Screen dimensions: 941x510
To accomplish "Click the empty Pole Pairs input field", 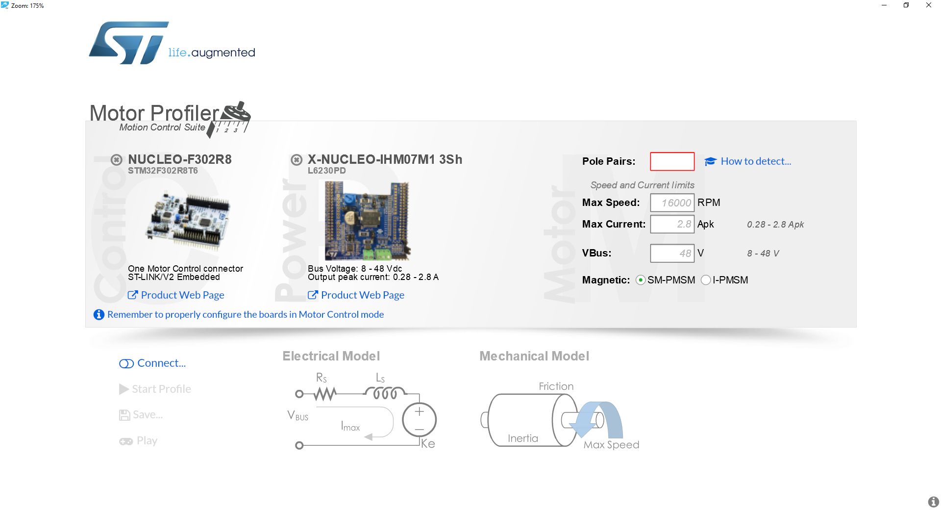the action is click(x=672, y=161).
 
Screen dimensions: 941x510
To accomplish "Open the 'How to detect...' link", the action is click(x=748, y=161).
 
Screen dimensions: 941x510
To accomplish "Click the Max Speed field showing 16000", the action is click(x=672, y=203).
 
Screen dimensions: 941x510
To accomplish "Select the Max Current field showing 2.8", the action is click(x=672, y=224).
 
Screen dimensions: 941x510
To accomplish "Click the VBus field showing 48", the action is click(x=672, y=253).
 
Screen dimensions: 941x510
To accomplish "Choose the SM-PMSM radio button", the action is click(x=640, y=280).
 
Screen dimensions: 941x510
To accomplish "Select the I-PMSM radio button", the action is click(x=706, y=280).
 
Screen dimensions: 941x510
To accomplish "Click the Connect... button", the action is click(x=152, y=363).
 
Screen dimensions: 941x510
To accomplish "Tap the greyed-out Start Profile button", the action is click(x=155, y=389).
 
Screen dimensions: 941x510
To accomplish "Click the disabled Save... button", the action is click(x=141, y=415).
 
